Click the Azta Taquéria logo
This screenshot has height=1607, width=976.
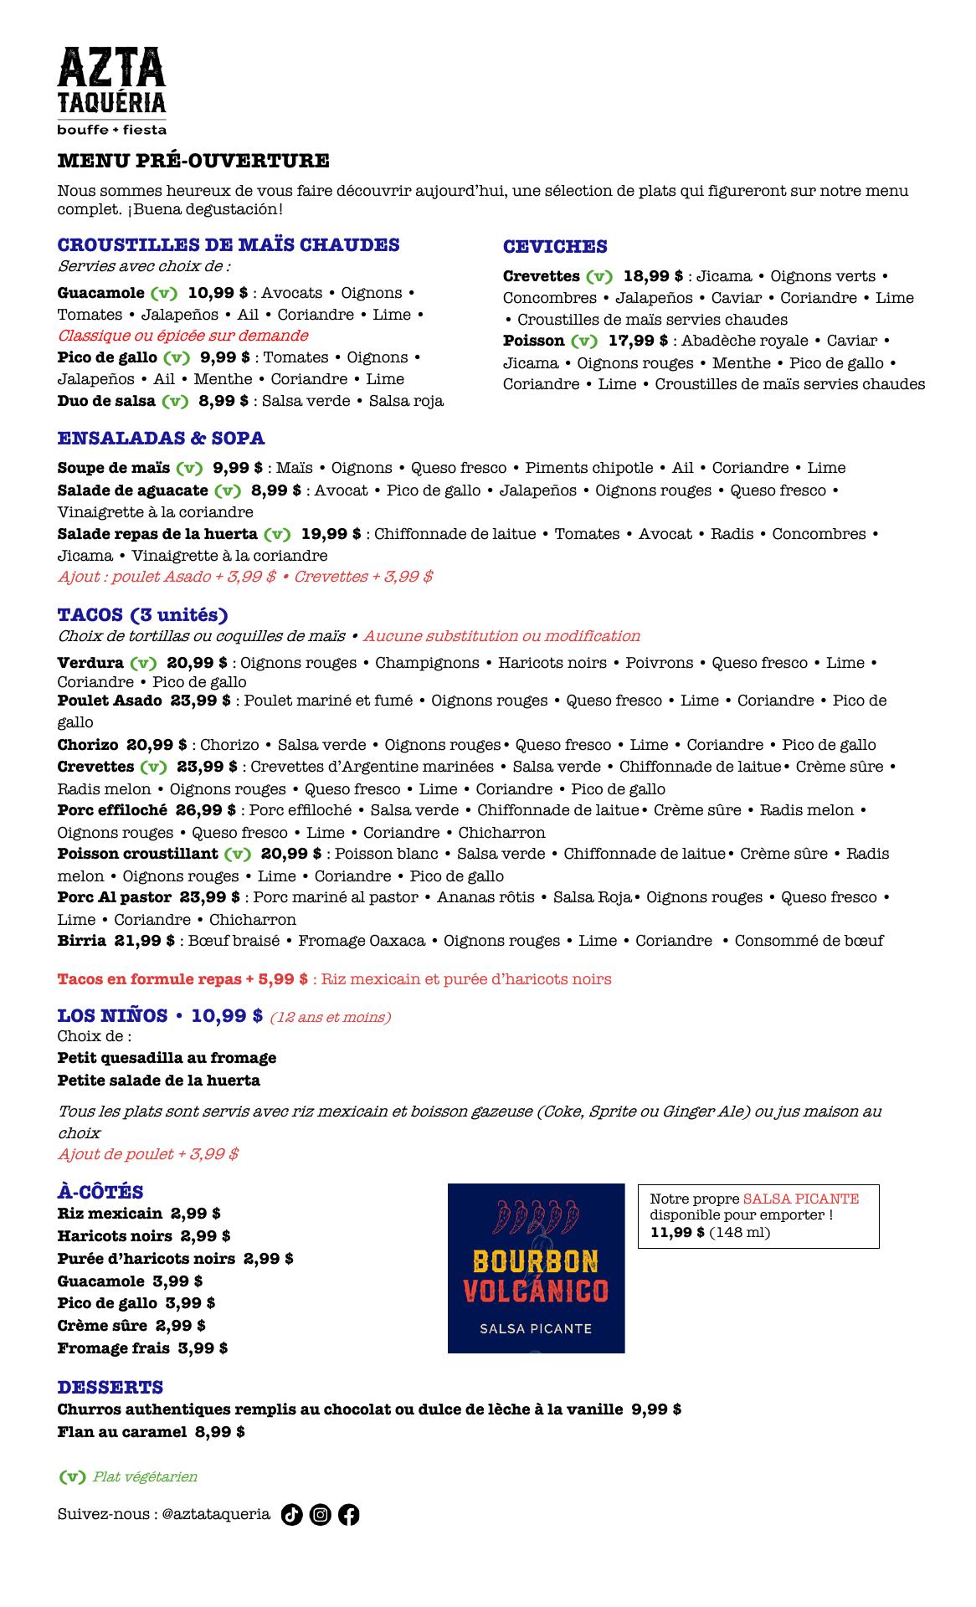tap(111, 90)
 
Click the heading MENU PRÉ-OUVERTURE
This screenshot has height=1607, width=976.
tap(193, 161)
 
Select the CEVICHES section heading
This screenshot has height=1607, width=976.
tap(555, 247)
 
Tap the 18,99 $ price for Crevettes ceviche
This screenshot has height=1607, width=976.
tap(653, 276)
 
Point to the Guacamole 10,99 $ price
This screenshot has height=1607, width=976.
tap(218, 293)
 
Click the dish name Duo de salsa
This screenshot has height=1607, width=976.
tap(106, 401)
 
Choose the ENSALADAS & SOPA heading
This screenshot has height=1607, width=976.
tap(161, 439)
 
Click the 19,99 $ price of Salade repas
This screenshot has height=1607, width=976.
tap(331, 534)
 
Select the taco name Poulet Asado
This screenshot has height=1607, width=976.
tap(110, 701)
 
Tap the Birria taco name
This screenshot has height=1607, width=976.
tap(82, 941)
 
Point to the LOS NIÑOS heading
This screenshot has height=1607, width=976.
tap(112, 1016)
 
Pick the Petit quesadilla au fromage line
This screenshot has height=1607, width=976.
tap(167, 1058)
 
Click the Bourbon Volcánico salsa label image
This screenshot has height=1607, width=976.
tap(536, 1268)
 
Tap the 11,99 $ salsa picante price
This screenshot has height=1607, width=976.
tap(677, 1232)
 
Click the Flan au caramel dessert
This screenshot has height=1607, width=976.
tap(121, 1432)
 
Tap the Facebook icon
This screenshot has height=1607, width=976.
tap(349, 1514)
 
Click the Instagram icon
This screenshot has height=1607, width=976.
tap(321, 1514)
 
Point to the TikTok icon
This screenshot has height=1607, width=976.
tap(291, 1514)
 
